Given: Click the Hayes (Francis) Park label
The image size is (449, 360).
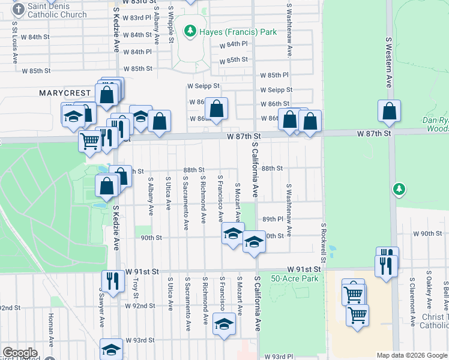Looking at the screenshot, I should (238, 31).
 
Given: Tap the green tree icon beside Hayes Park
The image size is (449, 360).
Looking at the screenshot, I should (190, 30).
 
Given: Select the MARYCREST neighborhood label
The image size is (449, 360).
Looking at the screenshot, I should (65, 94).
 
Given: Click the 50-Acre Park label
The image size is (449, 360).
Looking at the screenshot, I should (294, 278).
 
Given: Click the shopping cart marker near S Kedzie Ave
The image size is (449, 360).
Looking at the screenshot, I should (89, 142).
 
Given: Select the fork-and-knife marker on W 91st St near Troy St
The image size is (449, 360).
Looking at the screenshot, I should (112, 279).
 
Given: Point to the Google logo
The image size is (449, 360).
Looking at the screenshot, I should (20, 353).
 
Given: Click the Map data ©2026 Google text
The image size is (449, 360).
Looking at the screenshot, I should (412, 355).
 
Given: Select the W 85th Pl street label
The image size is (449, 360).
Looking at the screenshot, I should (274, 75).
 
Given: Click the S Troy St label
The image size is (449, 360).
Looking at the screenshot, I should (136, 288).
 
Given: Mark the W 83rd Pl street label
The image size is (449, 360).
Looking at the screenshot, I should (136, 18).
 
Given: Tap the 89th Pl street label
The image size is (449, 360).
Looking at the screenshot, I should (272, 219).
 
